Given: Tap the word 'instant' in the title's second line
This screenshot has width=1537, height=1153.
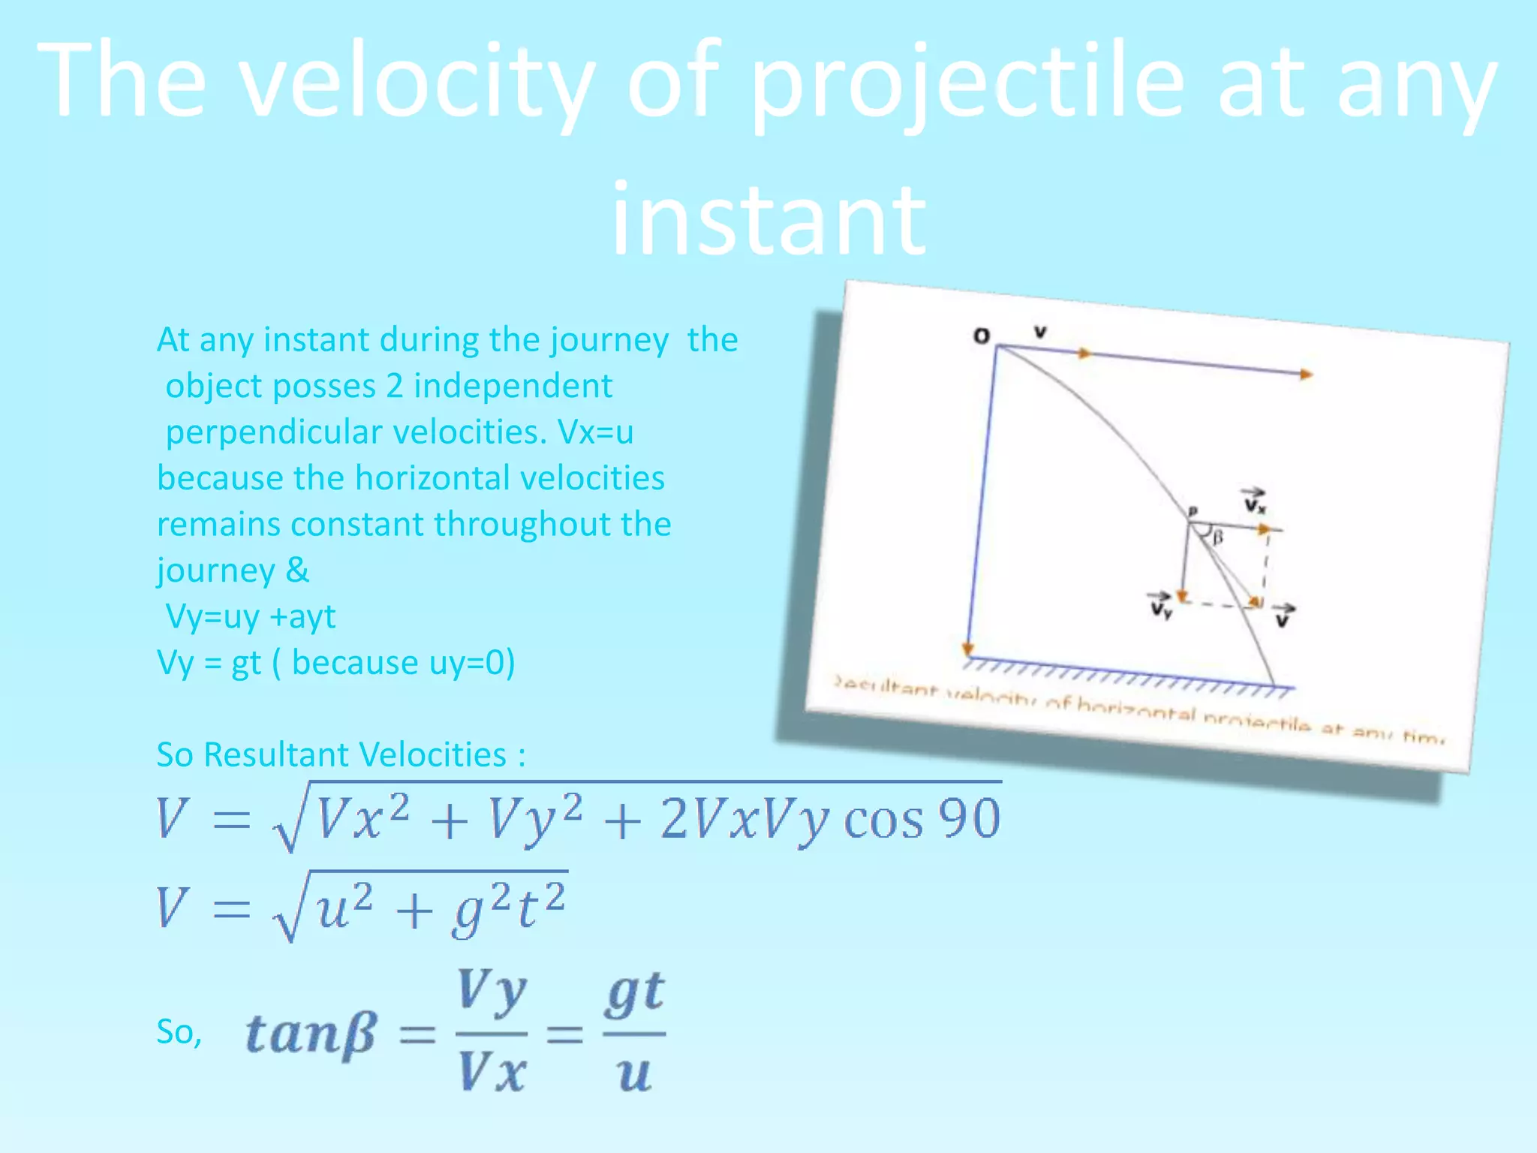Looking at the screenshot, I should coord(768,219).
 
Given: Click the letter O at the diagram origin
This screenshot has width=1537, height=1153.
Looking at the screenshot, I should coord(981,336).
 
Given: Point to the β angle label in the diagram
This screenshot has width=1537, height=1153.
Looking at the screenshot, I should coord(1218,537).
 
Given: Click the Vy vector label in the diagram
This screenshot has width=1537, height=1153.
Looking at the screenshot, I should coord(1160,606).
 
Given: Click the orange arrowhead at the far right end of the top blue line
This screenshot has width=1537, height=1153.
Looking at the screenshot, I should coord(1307,374).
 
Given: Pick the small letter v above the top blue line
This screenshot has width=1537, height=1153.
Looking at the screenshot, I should coord(1040,332).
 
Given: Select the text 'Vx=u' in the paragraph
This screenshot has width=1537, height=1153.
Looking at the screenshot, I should coord(596,432).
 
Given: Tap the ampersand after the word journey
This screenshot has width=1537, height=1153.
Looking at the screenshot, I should coord(297,570).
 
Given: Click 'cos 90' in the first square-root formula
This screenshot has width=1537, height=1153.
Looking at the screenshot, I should coord(922,819).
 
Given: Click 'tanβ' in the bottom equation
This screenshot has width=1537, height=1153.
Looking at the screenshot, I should coord(310,1034).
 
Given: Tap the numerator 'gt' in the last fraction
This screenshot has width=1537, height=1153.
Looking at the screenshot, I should coord(635,993).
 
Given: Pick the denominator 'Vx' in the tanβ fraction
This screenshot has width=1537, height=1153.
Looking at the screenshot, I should coord(492,1072).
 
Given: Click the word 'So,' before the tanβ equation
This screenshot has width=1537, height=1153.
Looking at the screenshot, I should coord(179,1032).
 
